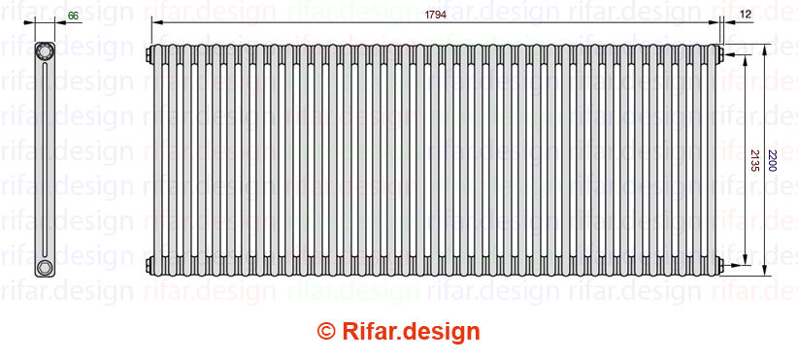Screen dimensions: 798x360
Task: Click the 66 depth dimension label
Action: [x=73, y=16]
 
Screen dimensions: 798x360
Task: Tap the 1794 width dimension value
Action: [x=436, y=15]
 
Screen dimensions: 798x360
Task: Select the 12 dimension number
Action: [x=747, y=15]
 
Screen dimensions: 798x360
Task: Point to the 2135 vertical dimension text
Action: [x=754, y=160]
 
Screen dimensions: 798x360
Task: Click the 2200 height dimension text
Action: [x=772, y=160]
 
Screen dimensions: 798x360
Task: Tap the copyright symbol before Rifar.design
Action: [x=326, y=332]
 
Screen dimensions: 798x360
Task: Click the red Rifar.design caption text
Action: [x=411, y=332]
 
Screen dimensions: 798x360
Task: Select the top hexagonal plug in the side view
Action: [x=45, y=51]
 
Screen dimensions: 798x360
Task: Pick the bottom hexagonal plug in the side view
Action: [x=45, y=267]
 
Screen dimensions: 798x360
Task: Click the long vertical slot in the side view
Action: [x=45, y=160]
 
